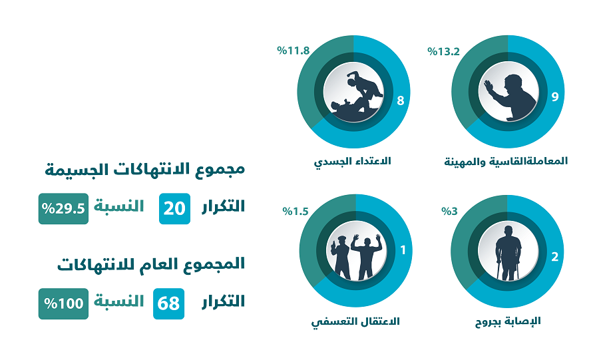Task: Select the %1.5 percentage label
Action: tap(295, 212)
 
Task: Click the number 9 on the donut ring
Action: tap(554, 97)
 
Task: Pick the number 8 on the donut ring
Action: tap(400, 100)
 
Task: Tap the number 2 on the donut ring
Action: tap(554, 258)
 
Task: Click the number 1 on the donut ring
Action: tap(402, 252)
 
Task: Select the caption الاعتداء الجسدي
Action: tap(352, 161)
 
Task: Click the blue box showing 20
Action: tap(175, 208)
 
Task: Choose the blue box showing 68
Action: tap(169, 303)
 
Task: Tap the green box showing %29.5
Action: tap(63, 208)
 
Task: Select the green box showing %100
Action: tap(63, 303)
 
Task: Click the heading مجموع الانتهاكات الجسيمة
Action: tap(144, 169)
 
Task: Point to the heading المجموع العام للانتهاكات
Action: tap(151, 264)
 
